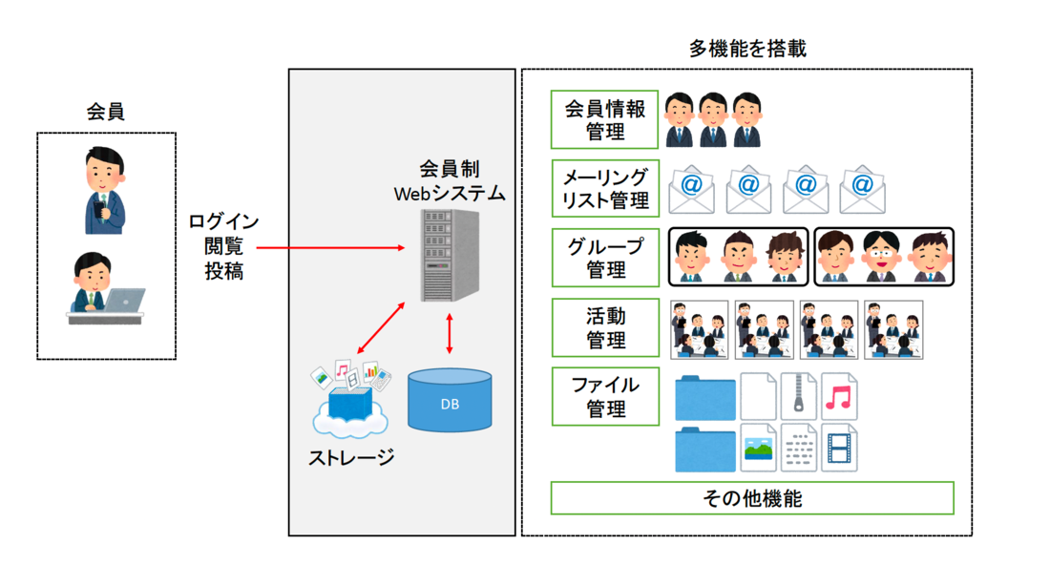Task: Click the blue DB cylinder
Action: pyautogui.click(x=450, y=401)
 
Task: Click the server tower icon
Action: pyautogui.click(x=447, y=255)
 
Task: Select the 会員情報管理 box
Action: pyautogui.click(x=605, y=120)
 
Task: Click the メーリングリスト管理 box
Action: pyautogui.click(x=605, y=188)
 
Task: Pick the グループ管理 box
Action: pyautogui.click(x=605, y=258)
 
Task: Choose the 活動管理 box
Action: pyautogui.click(x=605, y=327)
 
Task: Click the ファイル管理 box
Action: pyautogui.click(x=605, y=397)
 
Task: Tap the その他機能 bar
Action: pyautogui.click(x=752, y=498)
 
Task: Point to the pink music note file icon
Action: pyautogui.click(x=839, y=396)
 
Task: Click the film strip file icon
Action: pyautogui.click(x=839, y=449)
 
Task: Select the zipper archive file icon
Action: pyautogui.click(x=799, y=396)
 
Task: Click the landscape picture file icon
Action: pyautogui.click(x=759, y=449)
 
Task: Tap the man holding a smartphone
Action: pyautogui.click(x=104, y=191)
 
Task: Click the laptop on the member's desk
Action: pyautogui.click(x=124, y=300)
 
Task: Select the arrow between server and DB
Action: pyautogui.click(x=450, y=334)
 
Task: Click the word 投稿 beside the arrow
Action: pyautogui.click(x=223, y=271)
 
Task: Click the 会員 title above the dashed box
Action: pyautogui.click(x=105, y=113)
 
